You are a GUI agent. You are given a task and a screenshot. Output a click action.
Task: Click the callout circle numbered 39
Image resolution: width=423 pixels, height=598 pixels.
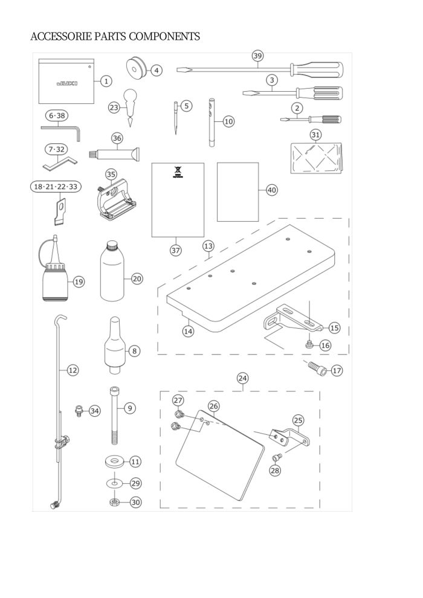click(x=258, y=56)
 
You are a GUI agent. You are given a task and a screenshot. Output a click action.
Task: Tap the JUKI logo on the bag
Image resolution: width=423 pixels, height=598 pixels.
click(x=66, y=83)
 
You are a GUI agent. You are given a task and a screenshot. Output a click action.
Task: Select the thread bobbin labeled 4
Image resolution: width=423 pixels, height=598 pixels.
click(x=135, y=69)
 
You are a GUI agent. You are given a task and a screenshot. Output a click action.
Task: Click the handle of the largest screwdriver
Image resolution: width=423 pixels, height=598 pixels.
click(x=317, y=69)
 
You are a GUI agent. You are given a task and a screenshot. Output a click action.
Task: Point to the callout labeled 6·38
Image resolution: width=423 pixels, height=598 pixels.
click(x=57, y=115)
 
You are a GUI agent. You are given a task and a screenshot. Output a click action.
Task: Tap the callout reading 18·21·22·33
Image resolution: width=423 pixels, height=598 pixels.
click(x=56, y=187)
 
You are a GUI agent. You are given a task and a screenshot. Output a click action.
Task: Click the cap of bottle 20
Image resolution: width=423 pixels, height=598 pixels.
click(x=112, y=246)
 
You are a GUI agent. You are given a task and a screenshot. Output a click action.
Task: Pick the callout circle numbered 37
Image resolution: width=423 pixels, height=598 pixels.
click(x=175, y=251)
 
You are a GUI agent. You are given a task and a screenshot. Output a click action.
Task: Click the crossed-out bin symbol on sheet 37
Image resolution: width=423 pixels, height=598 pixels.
click(x=176, y=173)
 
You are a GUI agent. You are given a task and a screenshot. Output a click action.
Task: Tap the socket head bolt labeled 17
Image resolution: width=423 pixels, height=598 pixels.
click(x=317, y=368)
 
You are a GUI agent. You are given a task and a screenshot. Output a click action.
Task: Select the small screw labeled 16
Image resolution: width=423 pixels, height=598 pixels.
click(x=309, y=345)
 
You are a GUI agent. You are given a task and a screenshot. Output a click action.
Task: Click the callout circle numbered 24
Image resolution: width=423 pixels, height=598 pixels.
click(x=242, y=378)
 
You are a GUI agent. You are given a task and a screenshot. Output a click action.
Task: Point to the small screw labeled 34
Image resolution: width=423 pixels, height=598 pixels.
click(x=79, y=411)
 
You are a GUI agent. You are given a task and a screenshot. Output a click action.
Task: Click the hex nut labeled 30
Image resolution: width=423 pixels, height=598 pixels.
click(x=114, y=503)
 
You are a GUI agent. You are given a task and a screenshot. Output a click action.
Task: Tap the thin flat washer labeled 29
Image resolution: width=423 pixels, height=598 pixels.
click(x=114, y=484)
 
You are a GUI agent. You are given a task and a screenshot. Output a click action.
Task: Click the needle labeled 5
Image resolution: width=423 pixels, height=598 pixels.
click(x=176, y=118)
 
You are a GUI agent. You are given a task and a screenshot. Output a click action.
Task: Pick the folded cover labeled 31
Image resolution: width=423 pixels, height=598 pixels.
click(x=317, y=158)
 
